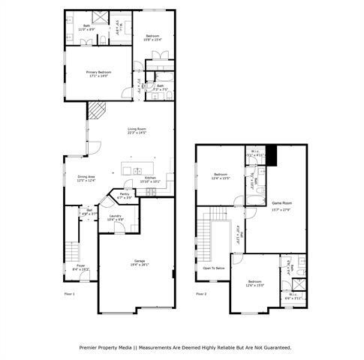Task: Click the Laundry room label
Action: coord(115,217)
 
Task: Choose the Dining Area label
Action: coord(86,178)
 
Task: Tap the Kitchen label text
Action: coord(150,179)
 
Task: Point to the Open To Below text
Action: coord(214,268)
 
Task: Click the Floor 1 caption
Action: coord(70,294)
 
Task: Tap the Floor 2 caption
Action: coord(201,294)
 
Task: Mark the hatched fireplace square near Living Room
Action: coord(96,112)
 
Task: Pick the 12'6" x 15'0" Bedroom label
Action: coord(256,283)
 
